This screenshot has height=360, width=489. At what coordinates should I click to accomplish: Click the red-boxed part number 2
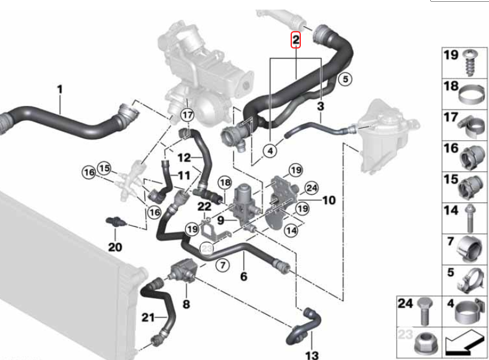click(295, 40)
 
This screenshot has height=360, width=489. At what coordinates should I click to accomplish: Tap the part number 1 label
click(60, 90)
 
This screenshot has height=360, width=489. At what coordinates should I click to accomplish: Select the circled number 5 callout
click(345, 78)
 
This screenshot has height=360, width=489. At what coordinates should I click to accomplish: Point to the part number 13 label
click(312, 355)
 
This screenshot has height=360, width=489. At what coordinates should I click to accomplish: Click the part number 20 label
click(115, 247)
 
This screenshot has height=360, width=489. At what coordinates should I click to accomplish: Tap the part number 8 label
click(186, 305)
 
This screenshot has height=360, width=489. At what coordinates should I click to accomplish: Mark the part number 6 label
click(243, 276)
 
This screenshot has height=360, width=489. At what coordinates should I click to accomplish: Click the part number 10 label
click(330, 200)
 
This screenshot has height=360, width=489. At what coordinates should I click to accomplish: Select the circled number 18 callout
click(224, 182)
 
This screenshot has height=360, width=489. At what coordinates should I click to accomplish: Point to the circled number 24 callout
click(311, 188)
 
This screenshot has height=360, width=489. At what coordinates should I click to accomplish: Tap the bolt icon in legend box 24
click(425, 311)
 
